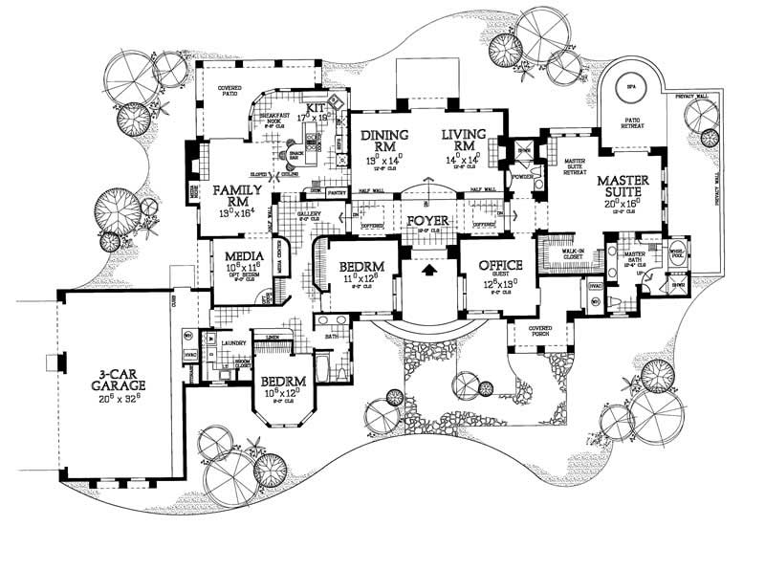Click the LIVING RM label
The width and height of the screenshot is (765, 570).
(x=465, y=139)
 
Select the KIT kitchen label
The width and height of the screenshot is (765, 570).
(x=316, y=109)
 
